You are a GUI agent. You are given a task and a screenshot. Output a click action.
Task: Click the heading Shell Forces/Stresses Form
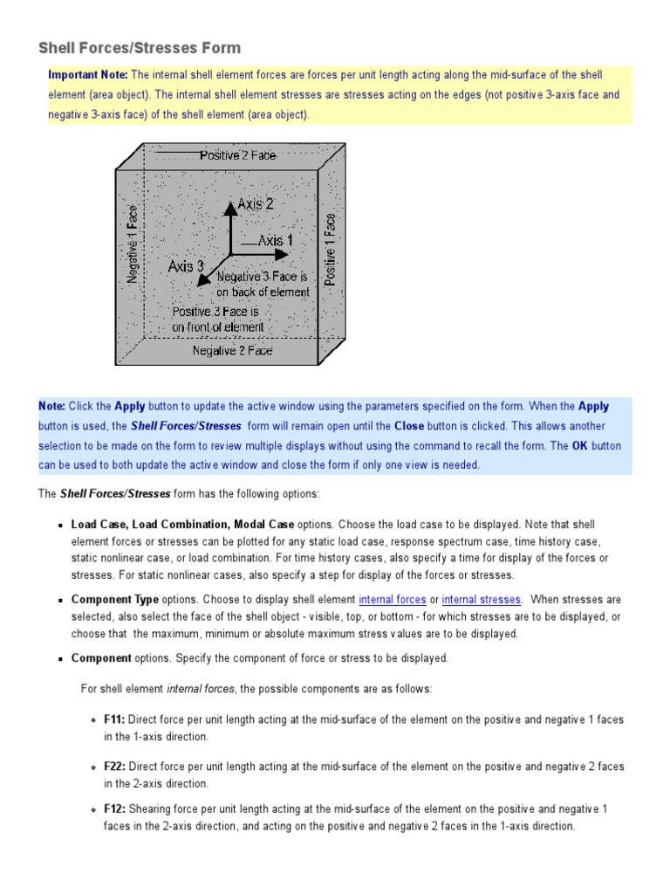(x=140, y=48)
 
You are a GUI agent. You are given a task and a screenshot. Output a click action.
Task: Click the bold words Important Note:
(x=88, y=75)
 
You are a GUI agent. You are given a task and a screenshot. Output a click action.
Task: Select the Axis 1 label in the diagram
(x=274, y=240)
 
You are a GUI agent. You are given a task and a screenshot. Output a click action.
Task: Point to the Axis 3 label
(x=186, y=266)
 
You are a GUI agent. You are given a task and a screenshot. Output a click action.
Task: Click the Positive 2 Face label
(x=237, y=155)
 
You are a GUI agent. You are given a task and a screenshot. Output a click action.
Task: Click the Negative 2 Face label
(x=232, y=351)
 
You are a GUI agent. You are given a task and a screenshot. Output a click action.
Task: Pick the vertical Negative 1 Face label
(x=133, y=244)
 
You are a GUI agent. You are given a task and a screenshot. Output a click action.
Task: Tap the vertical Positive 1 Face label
(x=331, y=250)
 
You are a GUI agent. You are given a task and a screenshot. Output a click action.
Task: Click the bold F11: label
(x=114, y=720)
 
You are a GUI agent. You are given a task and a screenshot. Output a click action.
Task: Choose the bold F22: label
(x=114, y=767)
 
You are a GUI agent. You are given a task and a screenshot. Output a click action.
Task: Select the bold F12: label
(x=114, y=809)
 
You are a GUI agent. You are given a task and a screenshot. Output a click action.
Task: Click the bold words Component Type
(x=115, y=600)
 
